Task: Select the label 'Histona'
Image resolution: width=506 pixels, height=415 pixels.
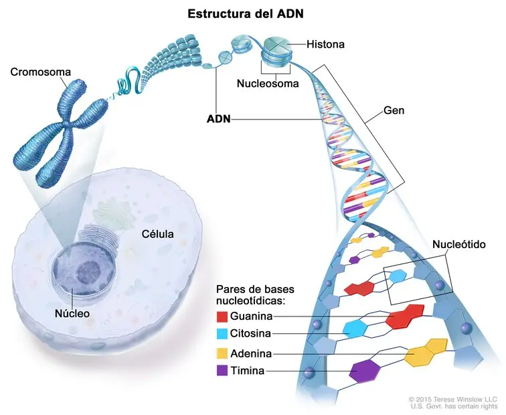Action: click(x=326, y=45)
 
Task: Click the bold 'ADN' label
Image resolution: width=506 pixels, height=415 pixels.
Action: click(x=219, y=119)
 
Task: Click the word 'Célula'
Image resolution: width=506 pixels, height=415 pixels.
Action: click(x=157, y=234)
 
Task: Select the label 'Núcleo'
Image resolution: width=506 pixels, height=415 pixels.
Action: click(x=73, y=312)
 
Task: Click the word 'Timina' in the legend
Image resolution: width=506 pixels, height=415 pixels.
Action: click(x=246, y=370)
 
